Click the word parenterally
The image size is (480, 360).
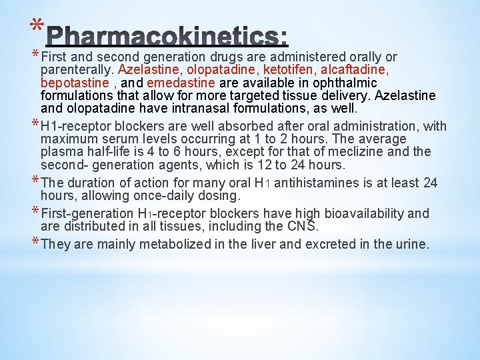tap(77, 70)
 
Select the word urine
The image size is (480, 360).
tap(411, 244)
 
